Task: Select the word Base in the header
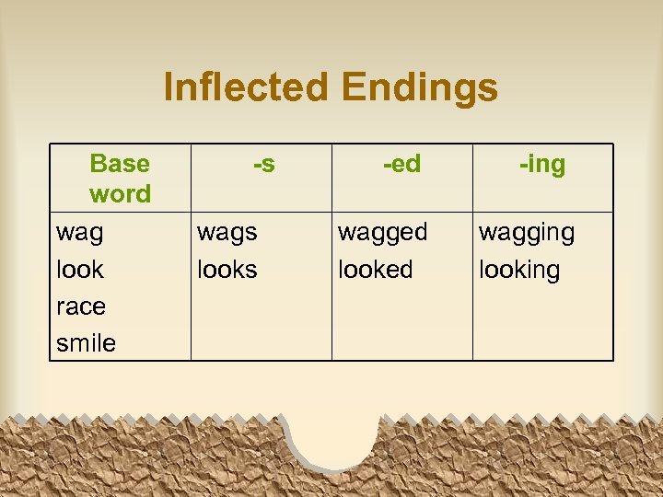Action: (x=120, y=164)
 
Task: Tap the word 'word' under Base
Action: (x=120, y=194)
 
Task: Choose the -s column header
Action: (x=263, y=164)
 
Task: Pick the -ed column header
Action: (x=402, y=164)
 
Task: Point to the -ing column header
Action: (x=542, y=165)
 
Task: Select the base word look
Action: (x=80, y=270)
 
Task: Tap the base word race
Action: (x=81, y=306)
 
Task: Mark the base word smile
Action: (x=86, y=343)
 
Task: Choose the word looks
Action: (x=227, y=270)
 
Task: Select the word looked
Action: (x=376, y=270)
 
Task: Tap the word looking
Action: (x=519, y=271)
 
